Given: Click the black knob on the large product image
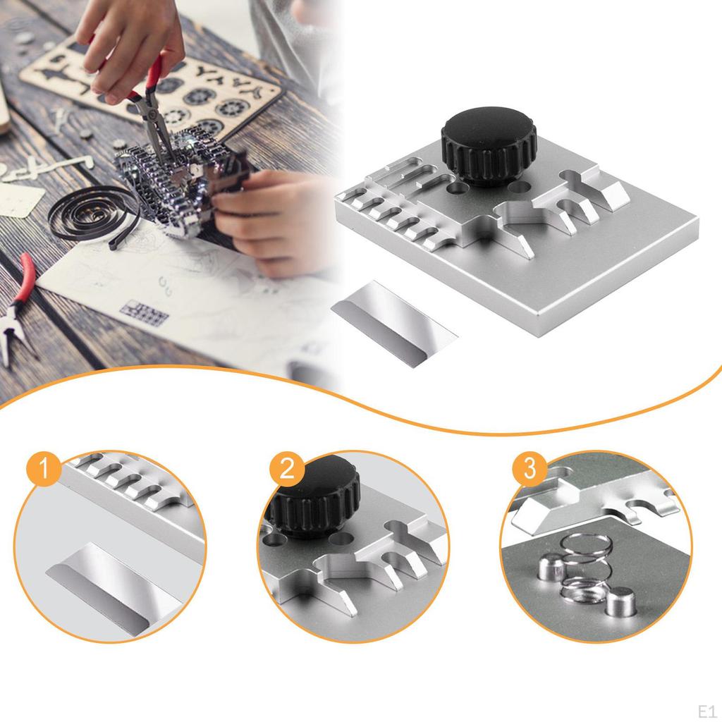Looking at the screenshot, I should pos(489,145).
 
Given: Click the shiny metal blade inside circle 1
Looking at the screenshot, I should pos(113,582).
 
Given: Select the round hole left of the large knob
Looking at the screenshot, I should pos(458,190).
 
